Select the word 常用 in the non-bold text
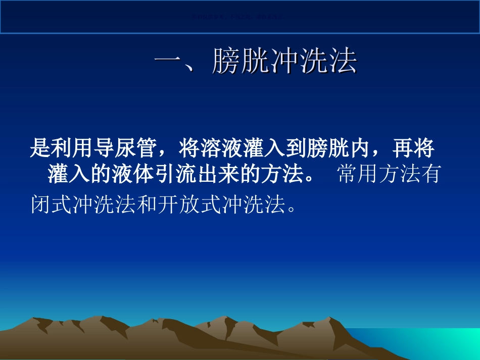pyautogui.click(x=354, y=175)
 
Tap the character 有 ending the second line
pyautogui.click(x=430, y=175)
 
